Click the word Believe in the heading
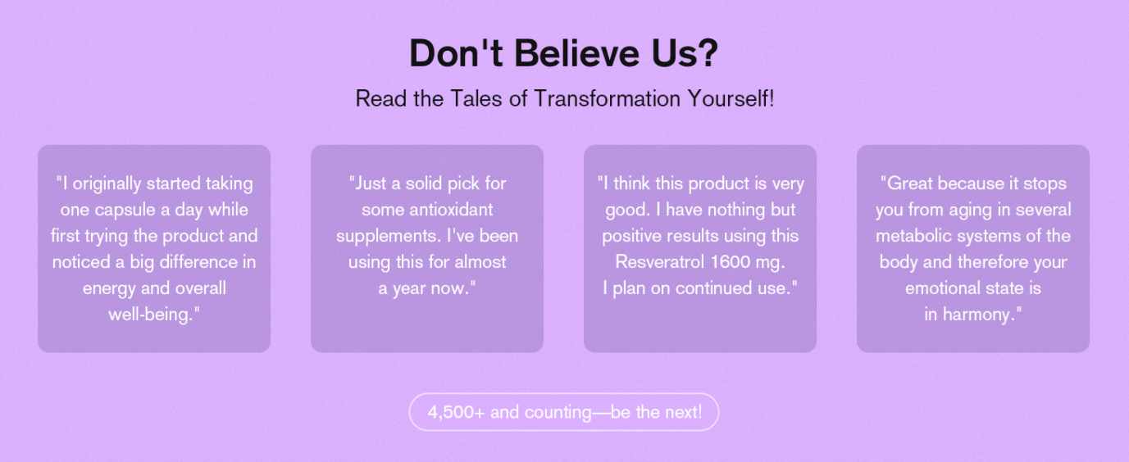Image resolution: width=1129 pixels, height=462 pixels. click(x=576, y=53)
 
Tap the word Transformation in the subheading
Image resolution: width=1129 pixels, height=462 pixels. click(x=607, y=98)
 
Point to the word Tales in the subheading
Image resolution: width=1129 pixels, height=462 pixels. click(x=476, y=98)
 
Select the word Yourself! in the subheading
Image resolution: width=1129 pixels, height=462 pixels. click(x=731, y=98)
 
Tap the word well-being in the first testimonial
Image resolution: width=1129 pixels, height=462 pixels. click(x=150, y=315)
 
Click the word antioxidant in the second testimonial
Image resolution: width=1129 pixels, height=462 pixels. click(x=452, y=210)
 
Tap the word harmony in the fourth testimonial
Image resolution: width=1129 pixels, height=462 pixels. click(x=976, y=315)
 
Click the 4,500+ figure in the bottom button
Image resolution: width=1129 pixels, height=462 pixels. click(x=456, y=412)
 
